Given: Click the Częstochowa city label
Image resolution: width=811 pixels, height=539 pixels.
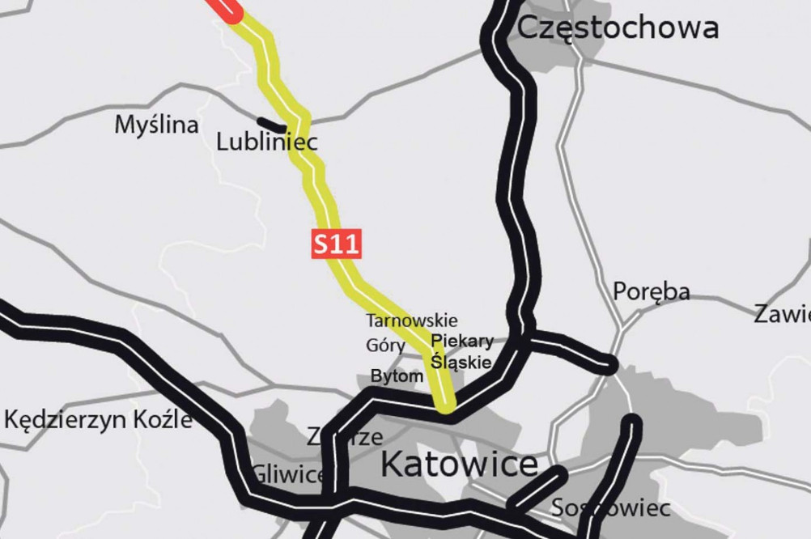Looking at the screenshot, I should [617, 28].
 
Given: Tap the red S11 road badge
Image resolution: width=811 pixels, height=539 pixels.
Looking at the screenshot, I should [336, 244].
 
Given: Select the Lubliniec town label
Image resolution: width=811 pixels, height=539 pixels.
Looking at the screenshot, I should [267, 142].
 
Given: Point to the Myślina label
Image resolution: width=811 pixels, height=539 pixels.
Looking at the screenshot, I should [156, 125].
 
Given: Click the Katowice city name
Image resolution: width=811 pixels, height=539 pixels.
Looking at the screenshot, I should [459, 465].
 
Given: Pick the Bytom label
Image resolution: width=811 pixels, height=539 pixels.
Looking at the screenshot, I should [397, 376].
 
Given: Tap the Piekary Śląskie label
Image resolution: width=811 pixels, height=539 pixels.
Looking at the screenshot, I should [461, 351].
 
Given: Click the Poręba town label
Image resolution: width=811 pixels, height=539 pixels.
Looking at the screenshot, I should [651, 291].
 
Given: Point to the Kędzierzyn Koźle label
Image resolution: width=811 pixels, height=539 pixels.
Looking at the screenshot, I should [99, 419].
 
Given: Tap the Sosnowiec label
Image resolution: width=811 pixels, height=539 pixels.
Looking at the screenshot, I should [610, 508].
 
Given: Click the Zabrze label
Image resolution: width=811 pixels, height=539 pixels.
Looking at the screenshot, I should [344, 437].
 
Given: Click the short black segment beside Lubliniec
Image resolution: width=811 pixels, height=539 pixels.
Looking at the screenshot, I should [271, 124].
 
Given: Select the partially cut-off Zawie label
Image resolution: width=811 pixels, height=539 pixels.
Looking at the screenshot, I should [782, 314].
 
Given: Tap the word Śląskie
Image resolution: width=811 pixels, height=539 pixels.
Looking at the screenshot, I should [461, 362].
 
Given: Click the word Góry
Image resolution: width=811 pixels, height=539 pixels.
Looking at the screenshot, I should [385, 346].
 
